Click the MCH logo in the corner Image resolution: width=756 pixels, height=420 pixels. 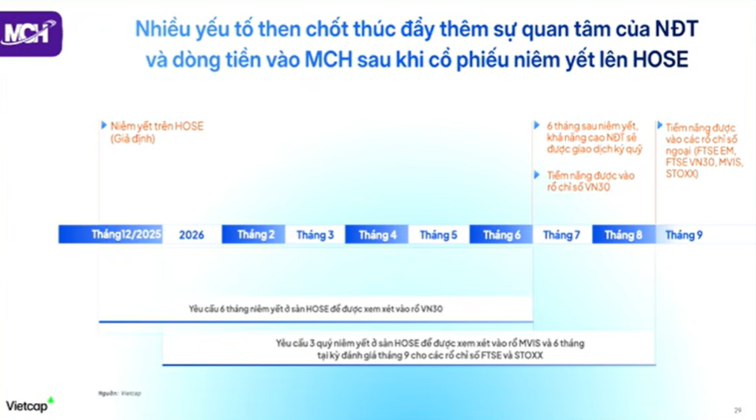[x=30, y=34]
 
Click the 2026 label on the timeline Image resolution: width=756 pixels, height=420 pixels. [x=191, y=235]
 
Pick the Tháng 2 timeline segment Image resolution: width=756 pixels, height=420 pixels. [x=255, y=235]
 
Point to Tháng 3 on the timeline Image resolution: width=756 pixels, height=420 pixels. [x=315, y=235]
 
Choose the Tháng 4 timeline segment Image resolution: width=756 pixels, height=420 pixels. [x=377, y=235]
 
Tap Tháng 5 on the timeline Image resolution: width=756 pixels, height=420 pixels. [x=439, y=235]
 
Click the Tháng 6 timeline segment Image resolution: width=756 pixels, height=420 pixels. [x=501, y=235]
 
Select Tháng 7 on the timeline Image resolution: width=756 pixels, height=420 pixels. [x=561, y=235]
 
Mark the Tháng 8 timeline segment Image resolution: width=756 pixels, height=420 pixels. [x=623, y=235]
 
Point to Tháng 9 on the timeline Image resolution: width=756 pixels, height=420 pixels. [x=684, y=235]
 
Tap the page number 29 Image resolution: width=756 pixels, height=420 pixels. [x=738, y=410]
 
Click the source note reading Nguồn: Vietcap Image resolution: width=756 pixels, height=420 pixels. [x=120, y=393]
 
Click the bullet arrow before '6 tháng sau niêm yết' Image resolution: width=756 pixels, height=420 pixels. [x=538, y=125]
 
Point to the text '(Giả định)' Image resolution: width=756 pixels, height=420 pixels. [x=132, y=139]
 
